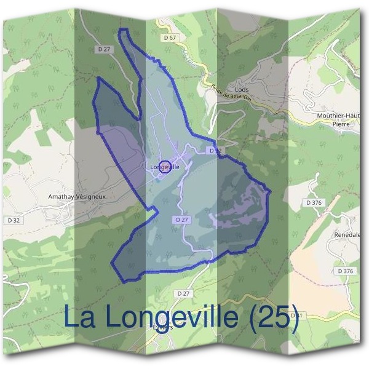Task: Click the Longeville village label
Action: (x=164, y=167)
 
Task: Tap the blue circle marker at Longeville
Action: (x=164, y=166)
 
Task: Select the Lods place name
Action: (x=242, y=89)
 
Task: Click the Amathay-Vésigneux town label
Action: (x=77, y=197)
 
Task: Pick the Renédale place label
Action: (x=347, y=235)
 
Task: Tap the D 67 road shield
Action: (x=170, y=38)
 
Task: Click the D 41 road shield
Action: (x=296, y=315)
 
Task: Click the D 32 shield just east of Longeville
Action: (x=214, y=150)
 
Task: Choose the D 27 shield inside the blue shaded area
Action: (x=181, y=220)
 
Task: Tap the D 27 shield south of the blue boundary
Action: (x=183, y=294)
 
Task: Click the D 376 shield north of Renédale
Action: (x=314, y=202)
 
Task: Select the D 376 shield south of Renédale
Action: (x=346, y=271)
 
